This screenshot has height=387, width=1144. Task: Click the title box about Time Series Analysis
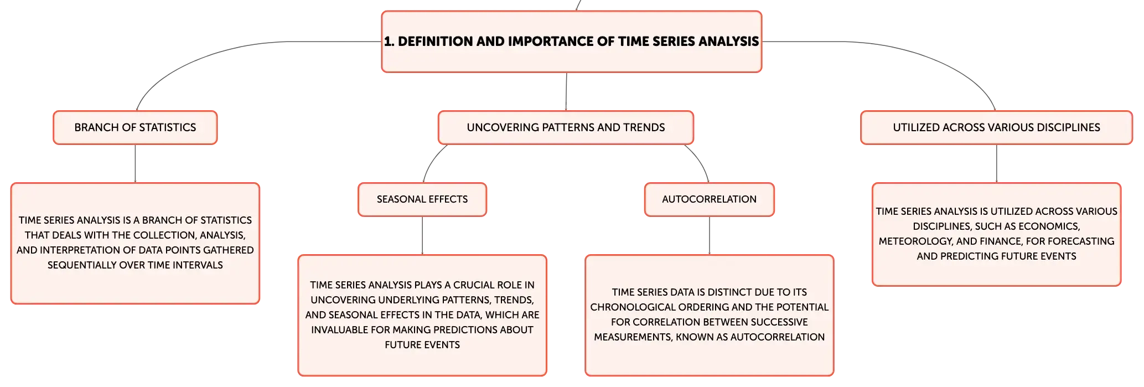(x=572, y=42)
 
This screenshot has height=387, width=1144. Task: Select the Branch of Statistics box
(x=135, y=127)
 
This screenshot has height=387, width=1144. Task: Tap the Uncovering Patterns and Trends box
(x=566, y=127)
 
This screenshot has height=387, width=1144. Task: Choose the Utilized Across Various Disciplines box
(x=996, y=127)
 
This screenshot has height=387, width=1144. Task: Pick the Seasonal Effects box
(x=422, y=199)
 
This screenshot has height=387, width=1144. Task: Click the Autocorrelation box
(x=710, y=199)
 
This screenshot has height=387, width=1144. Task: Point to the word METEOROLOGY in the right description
(x=914, y=241)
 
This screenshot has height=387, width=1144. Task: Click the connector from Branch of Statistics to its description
(x=135, y=163)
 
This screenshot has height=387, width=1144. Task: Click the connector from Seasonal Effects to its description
(x=422, y=235)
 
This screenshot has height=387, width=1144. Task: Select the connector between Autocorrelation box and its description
(x=710, y=235)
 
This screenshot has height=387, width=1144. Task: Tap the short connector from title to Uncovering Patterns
(x=566, y=91)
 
